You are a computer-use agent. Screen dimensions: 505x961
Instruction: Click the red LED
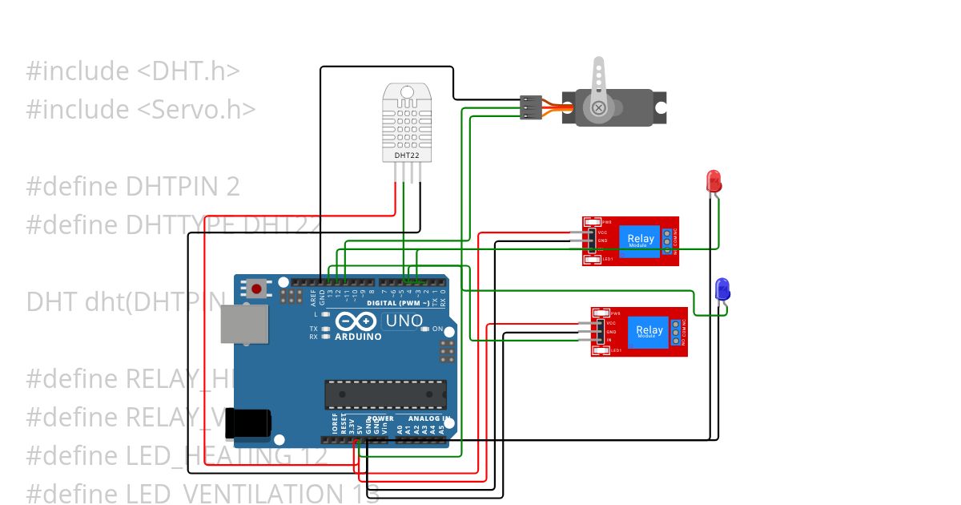coord(714,181)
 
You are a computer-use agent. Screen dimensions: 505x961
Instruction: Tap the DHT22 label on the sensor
coord(406,154)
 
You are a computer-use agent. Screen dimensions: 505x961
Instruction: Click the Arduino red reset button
coord(256,288)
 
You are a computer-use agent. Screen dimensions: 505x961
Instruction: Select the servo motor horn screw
coord(598,107)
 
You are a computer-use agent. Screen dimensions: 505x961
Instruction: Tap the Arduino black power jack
coord(247,423)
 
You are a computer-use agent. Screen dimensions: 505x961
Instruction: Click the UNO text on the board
coord(404,321)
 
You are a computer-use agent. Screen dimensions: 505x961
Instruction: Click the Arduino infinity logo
coord(356,321)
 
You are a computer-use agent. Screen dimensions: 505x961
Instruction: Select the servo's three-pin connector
coord(529,107)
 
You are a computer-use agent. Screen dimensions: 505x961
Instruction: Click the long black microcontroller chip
coord(385,394)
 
